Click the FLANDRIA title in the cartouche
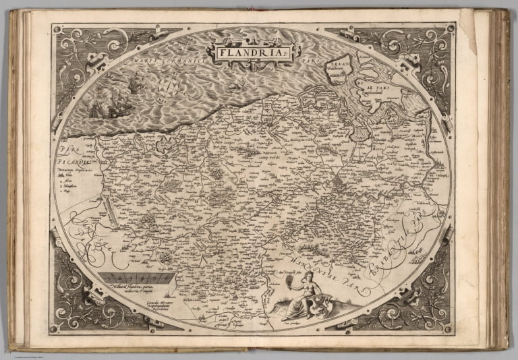click(x=252, y=51)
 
